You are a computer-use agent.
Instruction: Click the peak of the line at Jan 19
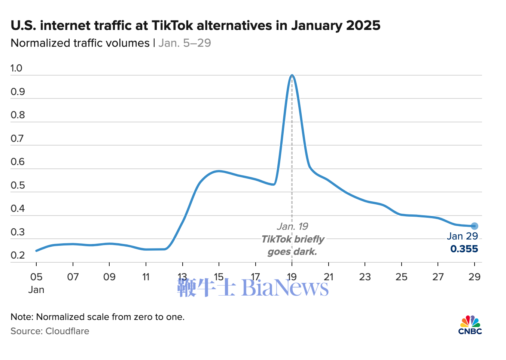click(292, 75)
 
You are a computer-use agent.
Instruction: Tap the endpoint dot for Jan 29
click(474, 226)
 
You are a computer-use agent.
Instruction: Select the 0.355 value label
click(464, 249)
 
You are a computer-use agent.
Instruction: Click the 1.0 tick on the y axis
click(16, 68)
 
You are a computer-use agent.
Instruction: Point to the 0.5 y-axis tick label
click(18, 185)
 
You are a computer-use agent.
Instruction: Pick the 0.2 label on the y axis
click(18, 255)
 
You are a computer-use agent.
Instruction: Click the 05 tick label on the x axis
click(36, 277)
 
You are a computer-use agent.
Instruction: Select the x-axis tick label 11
click(146, 277)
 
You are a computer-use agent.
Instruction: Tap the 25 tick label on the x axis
click(401, 277)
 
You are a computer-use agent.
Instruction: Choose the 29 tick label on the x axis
click(474, 277)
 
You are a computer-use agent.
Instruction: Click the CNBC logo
click(470, 325)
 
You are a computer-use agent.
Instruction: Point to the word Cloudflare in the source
click(67, 331)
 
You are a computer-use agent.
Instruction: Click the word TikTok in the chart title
click(173, 25)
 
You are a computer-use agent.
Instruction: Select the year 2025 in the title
click(363, 25)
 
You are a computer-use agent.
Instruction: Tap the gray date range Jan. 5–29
click(185, 43)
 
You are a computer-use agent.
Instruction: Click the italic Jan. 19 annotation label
click(292, 226)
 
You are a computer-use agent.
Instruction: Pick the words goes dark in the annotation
click(292, 251)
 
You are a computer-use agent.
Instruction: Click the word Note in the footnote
click(22, 317)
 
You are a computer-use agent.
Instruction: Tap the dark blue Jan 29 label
click(462, 236)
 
